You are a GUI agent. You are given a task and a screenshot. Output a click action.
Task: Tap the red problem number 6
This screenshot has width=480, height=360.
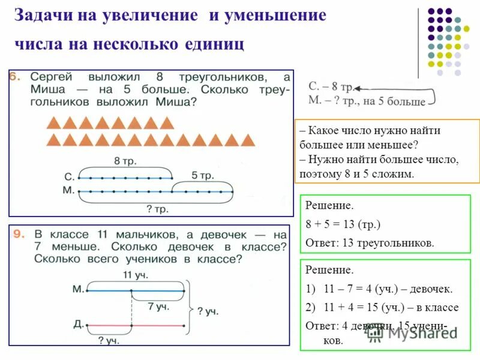point(16,76)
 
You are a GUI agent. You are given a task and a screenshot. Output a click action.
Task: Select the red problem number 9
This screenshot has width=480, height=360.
point(19,234)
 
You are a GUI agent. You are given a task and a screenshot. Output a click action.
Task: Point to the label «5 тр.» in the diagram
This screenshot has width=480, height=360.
point(202,176)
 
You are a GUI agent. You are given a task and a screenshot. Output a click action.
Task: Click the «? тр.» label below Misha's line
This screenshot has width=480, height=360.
point(157,209)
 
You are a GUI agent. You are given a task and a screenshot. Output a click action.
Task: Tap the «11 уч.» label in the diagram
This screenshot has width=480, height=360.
point(135,275)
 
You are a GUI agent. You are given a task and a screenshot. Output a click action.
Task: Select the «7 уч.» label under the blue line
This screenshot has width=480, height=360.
point(158,306)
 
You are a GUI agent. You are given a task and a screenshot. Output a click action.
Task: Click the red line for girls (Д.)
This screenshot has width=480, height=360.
point(135,326)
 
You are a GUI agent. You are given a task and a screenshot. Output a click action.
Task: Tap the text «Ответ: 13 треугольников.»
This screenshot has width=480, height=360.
point(369,243)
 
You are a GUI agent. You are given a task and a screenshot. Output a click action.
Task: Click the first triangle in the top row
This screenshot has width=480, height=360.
point(54,124)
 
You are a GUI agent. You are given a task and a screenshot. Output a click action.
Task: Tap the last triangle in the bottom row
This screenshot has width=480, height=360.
point(248,140)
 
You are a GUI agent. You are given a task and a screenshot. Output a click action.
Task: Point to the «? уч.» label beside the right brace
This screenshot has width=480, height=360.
point(208,311)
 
